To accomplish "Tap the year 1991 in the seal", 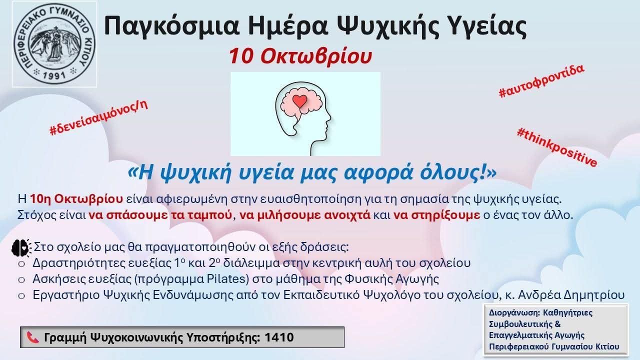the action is coord(54,75).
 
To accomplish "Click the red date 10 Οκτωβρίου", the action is coord(300,56).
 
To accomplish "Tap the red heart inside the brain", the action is coord(299,101).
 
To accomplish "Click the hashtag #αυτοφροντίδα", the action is coord(541,81).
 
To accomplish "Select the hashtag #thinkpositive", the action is coord(557,147).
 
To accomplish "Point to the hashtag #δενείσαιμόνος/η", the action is coord(98,117).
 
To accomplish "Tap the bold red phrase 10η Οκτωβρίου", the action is coord(76,199).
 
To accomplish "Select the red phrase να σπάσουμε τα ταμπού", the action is coord(160,215).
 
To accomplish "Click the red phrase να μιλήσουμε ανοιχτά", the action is coord(305,215).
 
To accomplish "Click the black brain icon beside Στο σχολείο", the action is coord(21,247).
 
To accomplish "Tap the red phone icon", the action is coord(33,337).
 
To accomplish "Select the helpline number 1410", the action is coord(279,337).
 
